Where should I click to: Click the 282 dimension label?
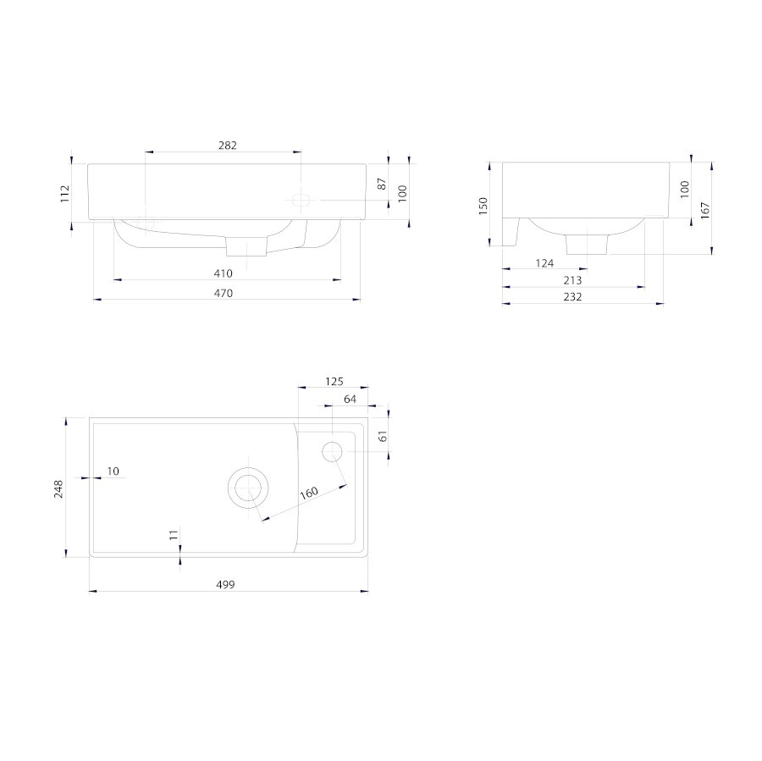[228, 146]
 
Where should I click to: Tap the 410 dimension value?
[223, 273]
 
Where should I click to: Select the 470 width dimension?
[223, 294]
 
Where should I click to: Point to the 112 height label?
[64, 194]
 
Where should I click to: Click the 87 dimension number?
[382, 184]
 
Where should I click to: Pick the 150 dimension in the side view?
[483, 206]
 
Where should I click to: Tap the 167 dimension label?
[705, 211]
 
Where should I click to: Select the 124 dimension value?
[544, 263]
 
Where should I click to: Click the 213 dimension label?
[572, 280]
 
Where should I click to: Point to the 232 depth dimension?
[572, 297]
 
